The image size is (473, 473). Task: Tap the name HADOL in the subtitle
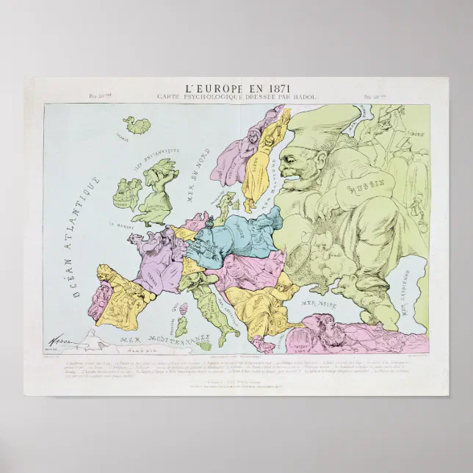point(303,97)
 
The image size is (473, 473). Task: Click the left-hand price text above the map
point(98,96)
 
